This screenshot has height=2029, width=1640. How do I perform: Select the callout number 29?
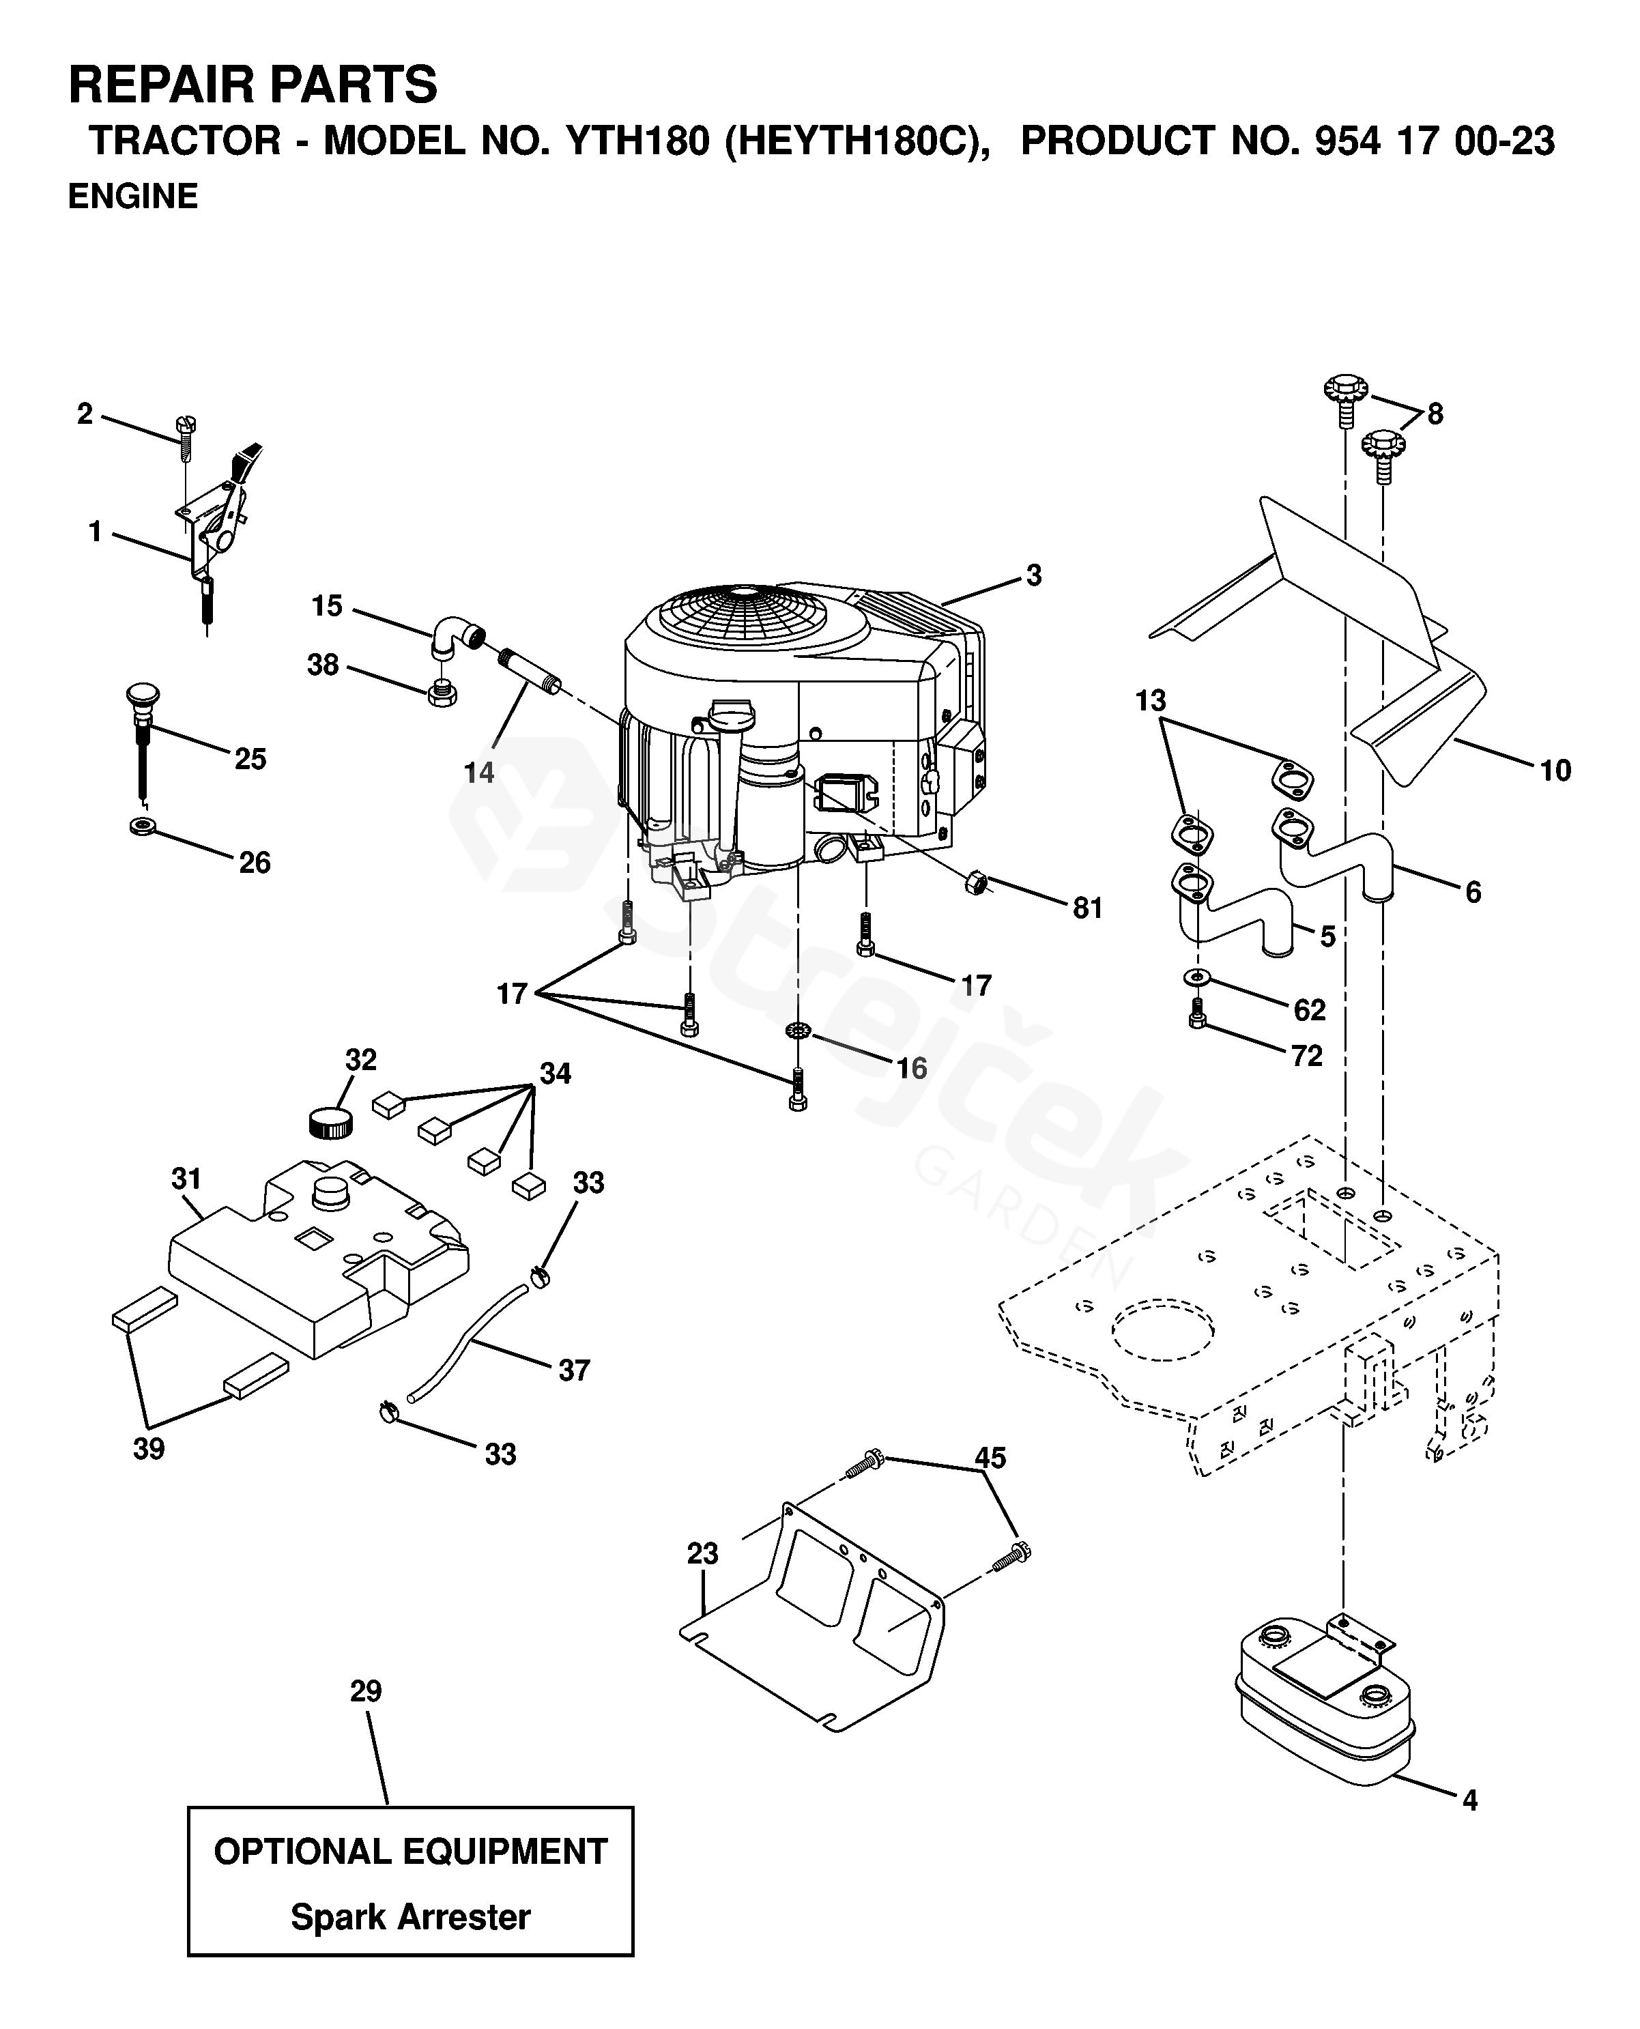366,1691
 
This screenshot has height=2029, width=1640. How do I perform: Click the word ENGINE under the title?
133,197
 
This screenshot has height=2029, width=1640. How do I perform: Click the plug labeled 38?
442,694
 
